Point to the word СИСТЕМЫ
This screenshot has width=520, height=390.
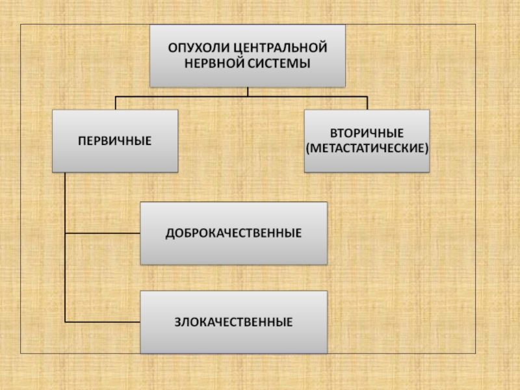pyautogui.click(x=276, y=64)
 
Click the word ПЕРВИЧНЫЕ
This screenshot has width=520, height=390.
pyautogui.click(x=115, y=140)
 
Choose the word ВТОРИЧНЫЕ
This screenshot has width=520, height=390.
pyautogui.click(x=367, y=133)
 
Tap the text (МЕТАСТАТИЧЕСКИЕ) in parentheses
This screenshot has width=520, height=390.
pyautogui.click(x=367, y=148)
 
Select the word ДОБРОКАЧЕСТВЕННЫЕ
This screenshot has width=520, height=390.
pyautogui.click(x=234, y=233)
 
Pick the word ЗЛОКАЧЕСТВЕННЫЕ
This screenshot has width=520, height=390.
pyautogui.click(x=233, y=322)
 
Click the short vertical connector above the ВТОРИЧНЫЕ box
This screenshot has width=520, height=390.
pyautogui.click(x=367, y=103)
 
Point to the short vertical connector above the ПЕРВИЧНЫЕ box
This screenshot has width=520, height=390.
pyautogui.click(x=115, y=103)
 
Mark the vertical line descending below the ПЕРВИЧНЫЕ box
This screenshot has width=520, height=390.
pyautogui.click(x=66, y=247)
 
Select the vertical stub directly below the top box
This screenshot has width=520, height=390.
pyautogui.click(x=248, y=92)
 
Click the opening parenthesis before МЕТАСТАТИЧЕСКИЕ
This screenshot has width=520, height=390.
pyautogui.click(x=307, y=148)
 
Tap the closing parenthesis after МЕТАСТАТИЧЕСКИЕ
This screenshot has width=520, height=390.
pyautogui.click(x=427, y=148)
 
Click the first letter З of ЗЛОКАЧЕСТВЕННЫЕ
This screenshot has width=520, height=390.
pyautogui.click(x=176, y=322)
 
